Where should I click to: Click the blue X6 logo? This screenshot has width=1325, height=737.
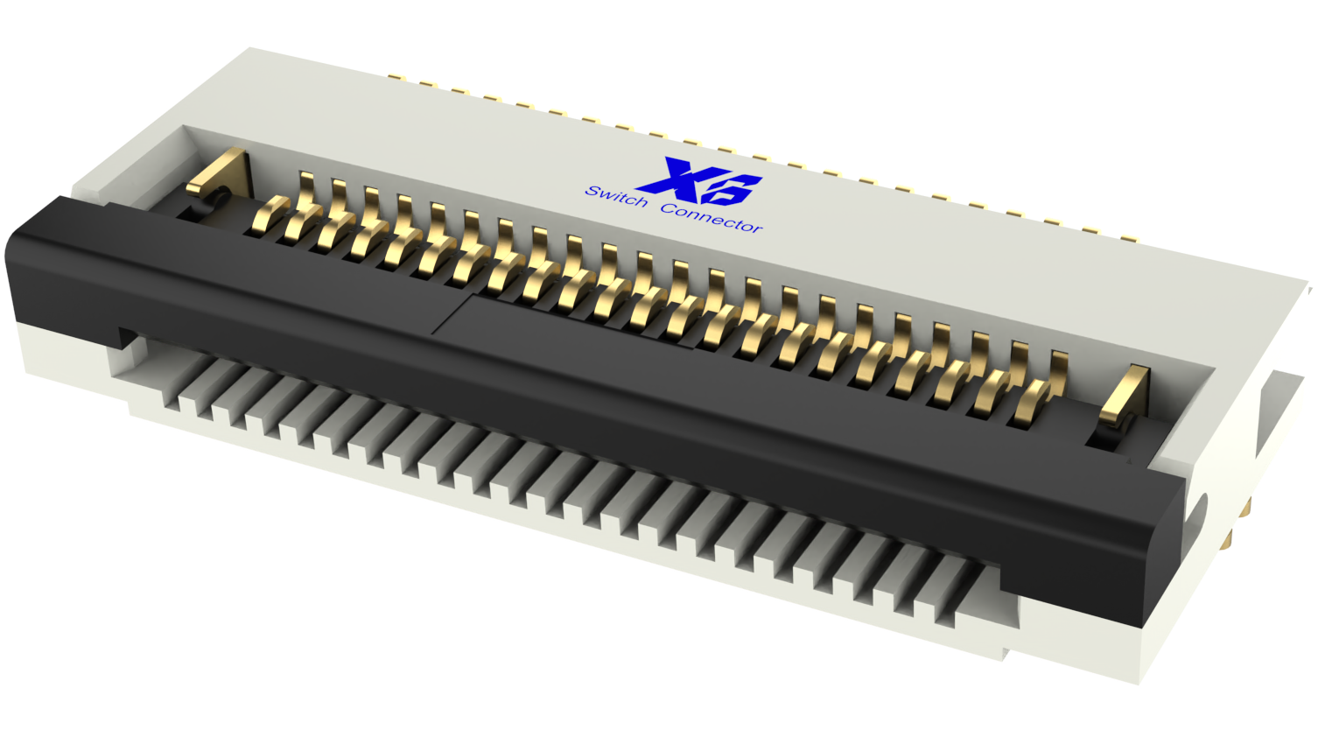click(700, 182)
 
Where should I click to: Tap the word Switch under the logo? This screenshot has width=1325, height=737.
click(616, 197)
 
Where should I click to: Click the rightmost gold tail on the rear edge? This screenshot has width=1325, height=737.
click(1129, 236)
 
